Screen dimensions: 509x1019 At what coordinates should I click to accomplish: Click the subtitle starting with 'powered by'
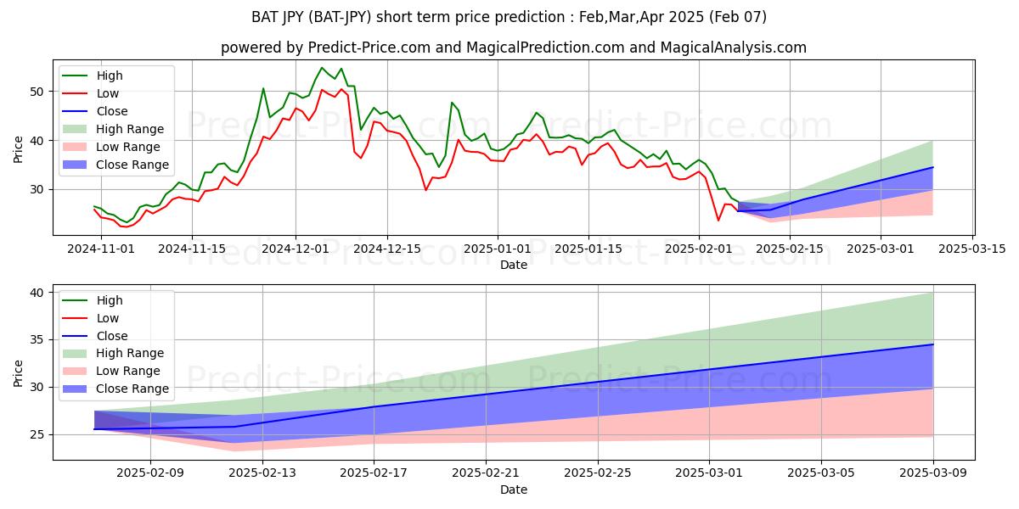(x=514, y=48)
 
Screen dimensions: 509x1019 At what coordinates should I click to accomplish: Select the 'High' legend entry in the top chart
(x=109, y=76)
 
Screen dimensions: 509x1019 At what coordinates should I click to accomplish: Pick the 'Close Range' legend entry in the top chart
(x=132, y=165)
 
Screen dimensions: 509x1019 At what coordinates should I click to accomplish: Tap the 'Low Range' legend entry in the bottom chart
(x=127, y=371)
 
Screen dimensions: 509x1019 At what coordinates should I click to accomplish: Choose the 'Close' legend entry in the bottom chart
(x=111, y=335)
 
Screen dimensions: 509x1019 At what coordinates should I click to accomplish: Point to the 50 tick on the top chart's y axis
(x=37, y=92)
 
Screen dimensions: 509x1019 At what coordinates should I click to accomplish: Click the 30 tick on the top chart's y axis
(x=37, y=189)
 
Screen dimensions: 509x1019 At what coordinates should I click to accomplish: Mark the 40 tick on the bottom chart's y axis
(x=37, y=293)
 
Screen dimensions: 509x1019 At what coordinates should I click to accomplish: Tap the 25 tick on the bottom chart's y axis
(x=37, y=435)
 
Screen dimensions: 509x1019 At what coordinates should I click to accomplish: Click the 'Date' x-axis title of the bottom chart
(x=514, y=490)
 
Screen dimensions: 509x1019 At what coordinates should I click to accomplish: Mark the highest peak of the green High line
(x=322, y=68)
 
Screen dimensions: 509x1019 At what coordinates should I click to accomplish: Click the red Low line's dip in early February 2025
(x=718, y=221)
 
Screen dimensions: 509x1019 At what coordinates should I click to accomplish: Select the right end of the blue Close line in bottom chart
(x=932, y=344)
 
